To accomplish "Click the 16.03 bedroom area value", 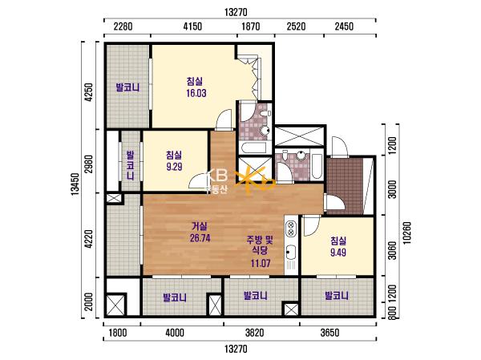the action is [x=196, y=93].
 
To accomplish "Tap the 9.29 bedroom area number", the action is [x=174, y=167].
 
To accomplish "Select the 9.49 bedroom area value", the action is [x=338, y=253].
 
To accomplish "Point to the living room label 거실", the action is [x=200, y=226].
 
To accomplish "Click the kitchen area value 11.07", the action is [x=261, y=263].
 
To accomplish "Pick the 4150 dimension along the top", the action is [x=192, y=26].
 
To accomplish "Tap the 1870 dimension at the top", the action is [x=251, y=26].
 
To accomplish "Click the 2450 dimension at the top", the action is [x=344, y=26].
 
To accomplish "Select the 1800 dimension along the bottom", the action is [x=118, y=333].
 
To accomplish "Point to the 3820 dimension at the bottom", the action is [x=255, y=333].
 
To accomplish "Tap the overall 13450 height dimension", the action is [x=75, y=184].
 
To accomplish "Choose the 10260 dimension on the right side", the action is [x=406, y=233].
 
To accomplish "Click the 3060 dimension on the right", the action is [x=392, y=250].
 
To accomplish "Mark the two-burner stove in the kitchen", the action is [x=290, y=229].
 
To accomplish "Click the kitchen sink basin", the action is [x=290, y=253].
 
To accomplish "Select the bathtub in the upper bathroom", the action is [x=253, y=148].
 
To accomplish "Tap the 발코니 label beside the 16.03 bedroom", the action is [x=127, y=87].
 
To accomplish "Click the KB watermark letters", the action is [x=218, y=176].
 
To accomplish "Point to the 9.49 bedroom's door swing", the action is [x=311, y=226].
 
